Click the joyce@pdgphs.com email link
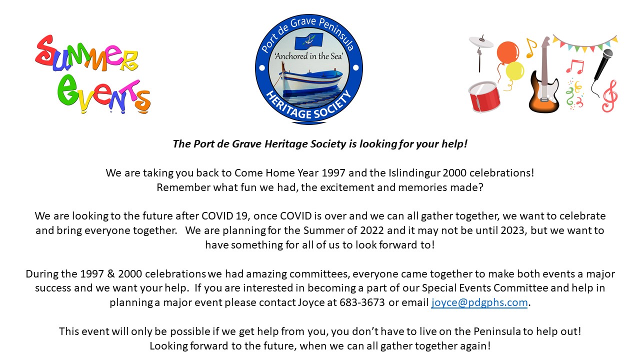tap(479, 302)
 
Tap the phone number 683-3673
tap(362, 302)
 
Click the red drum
tap(484, 96)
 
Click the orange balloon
tap(507, 52)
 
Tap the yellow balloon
tap(515, 71)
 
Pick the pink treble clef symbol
tap(610, 95)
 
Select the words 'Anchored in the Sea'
tap(308, 56)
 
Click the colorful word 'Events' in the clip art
tap(103, 93)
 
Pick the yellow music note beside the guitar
tap(531, 47)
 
